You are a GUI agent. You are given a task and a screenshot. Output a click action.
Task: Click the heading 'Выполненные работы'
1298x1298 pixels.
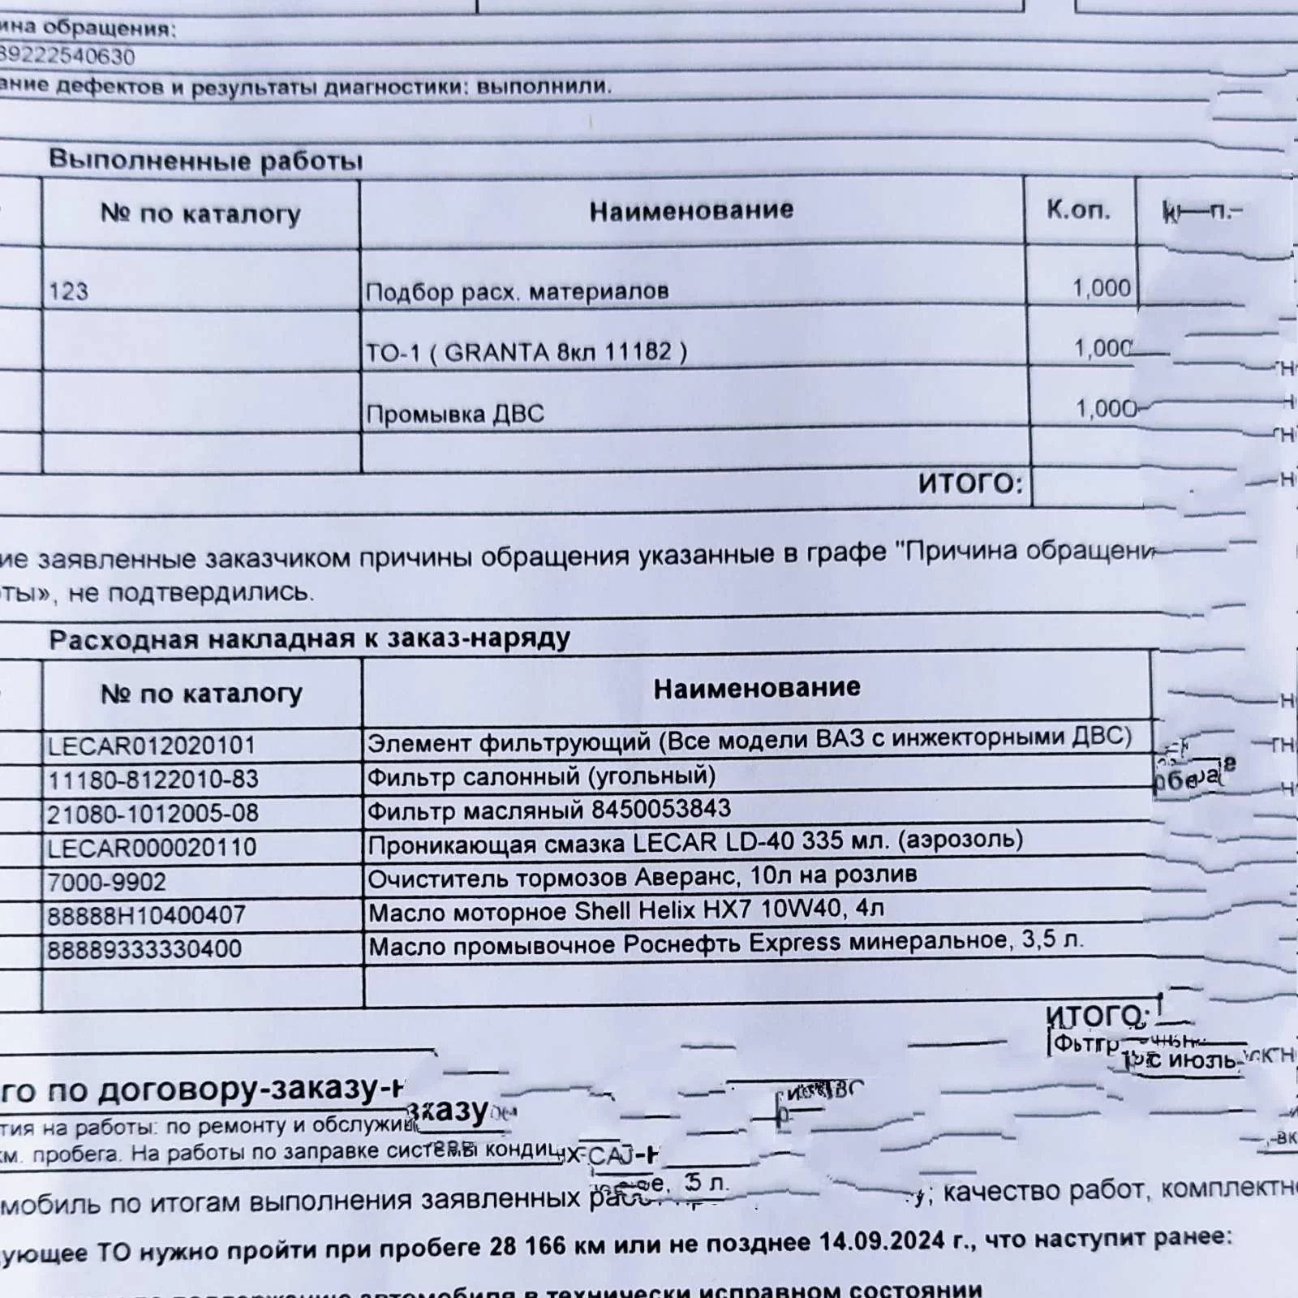point(205,160)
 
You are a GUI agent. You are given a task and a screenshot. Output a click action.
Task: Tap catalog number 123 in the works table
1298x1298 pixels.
point(68,291)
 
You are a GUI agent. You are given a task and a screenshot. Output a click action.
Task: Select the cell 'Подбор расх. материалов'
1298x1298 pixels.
point(517,291)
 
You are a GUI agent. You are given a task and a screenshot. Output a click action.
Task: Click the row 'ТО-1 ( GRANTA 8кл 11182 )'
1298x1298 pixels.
point(526,353)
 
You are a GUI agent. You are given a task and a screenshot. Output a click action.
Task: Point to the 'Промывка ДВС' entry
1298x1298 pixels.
point(454,415)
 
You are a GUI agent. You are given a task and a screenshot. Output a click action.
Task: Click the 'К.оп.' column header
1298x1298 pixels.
point(1078,210)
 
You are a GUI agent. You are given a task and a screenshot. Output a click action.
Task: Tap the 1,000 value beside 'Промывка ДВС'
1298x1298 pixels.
point(1106,408)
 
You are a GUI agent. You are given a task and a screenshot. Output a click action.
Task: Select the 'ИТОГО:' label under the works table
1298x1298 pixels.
point(970,484)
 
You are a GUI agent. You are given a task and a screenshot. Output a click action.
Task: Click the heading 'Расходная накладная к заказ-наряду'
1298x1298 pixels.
point(309,639)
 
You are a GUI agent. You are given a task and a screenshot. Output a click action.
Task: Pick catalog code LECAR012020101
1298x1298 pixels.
point(151,746)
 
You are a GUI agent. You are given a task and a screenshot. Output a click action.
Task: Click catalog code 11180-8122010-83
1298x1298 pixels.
point(153,780)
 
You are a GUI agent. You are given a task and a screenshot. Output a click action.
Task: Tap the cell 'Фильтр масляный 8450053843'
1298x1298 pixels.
point(548,810)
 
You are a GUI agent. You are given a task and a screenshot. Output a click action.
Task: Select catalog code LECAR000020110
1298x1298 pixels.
point(152,848)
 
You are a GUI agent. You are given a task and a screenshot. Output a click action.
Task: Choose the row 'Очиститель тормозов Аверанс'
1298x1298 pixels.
point(642,877)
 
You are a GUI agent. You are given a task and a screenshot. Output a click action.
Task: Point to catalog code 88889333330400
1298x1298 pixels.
point(144,949)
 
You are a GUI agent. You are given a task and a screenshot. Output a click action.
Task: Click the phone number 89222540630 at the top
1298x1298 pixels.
point(68,57)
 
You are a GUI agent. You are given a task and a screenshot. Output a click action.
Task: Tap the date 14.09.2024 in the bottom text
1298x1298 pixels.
point(883,1240)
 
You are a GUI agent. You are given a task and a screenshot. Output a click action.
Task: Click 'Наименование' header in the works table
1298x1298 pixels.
point(691,211)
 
